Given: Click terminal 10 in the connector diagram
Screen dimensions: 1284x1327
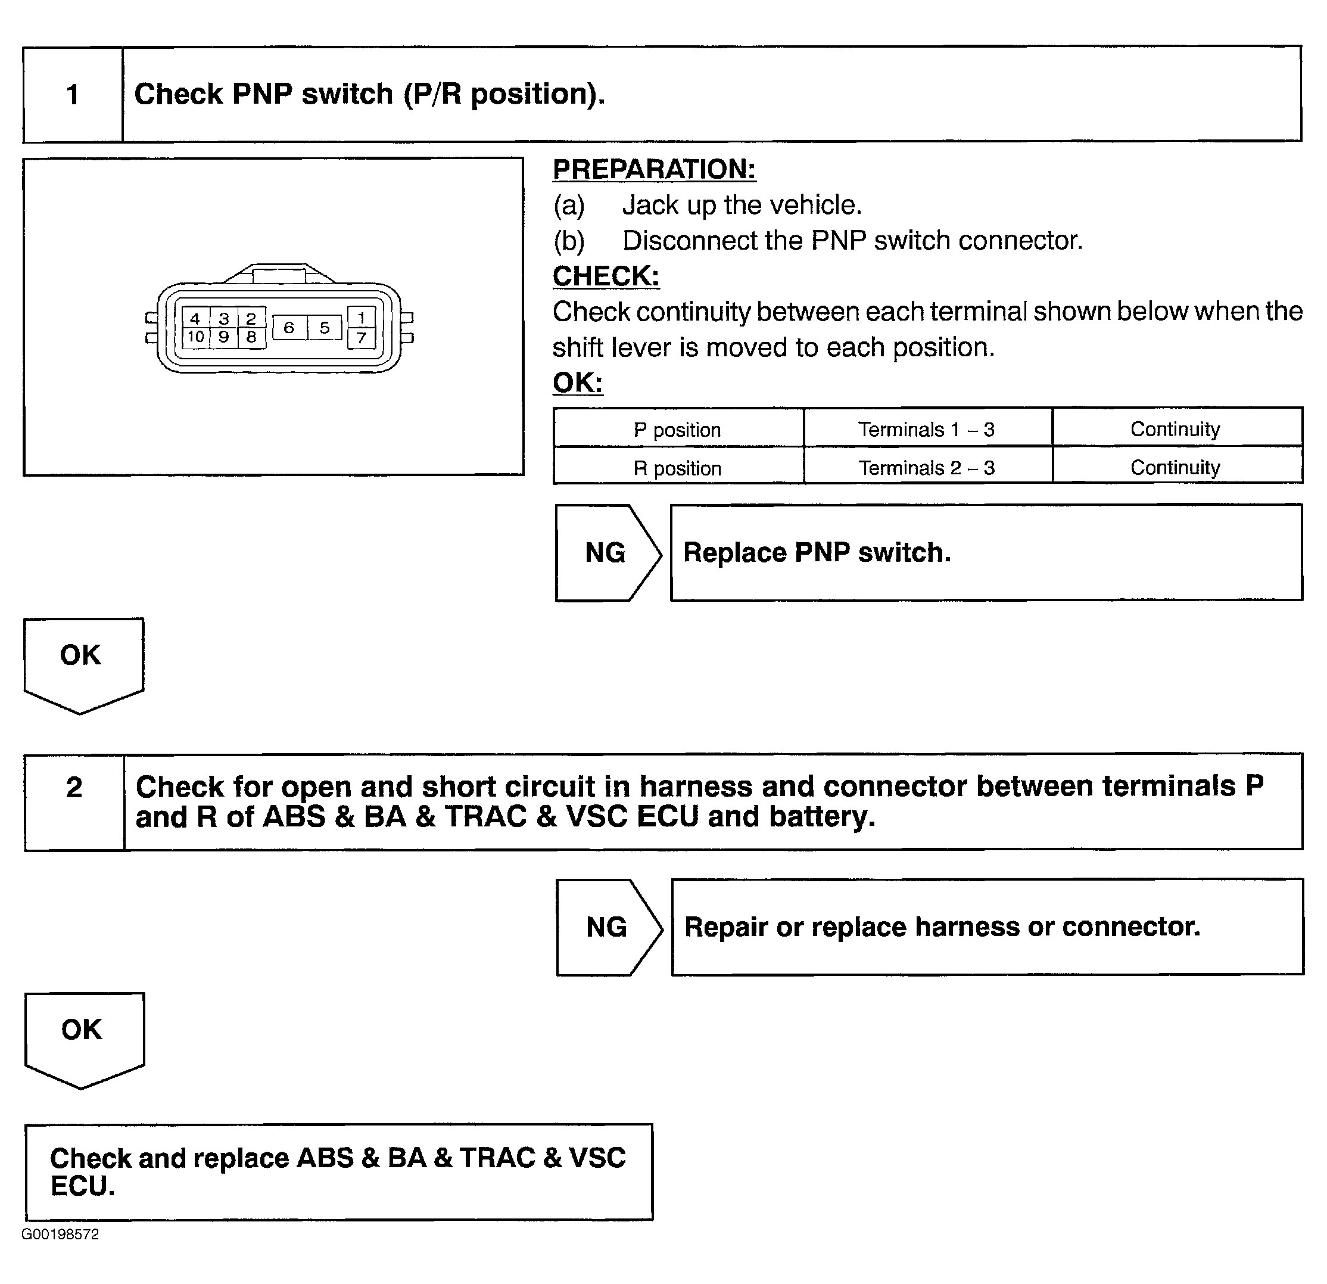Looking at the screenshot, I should tap(196, 337).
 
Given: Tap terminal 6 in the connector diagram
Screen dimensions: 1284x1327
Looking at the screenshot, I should tap(289, 328).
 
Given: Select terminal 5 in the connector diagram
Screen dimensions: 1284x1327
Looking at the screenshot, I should tap(324, 328).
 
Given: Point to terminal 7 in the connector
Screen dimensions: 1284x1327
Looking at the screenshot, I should tap(362, 337).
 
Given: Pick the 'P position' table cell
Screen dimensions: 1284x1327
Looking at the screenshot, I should tap(678, 430).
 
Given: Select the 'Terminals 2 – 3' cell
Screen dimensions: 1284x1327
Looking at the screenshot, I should tap(927, 467).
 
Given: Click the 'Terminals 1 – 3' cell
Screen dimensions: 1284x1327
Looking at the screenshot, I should tap(927, 430).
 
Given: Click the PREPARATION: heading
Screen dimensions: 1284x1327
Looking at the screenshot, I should tap(654, 169).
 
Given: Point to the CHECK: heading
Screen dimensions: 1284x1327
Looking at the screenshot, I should tap(606, 276).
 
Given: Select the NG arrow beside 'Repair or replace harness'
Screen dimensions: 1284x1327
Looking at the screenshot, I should tap(608, 927).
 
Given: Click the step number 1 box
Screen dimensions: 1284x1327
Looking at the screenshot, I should tap(73, 94).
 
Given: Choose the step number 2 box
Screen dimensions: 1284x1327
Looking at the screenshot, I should tap(74, 801).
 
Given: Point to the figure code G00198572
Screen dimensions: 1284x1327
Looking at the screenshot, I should tap(60, 1234).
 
